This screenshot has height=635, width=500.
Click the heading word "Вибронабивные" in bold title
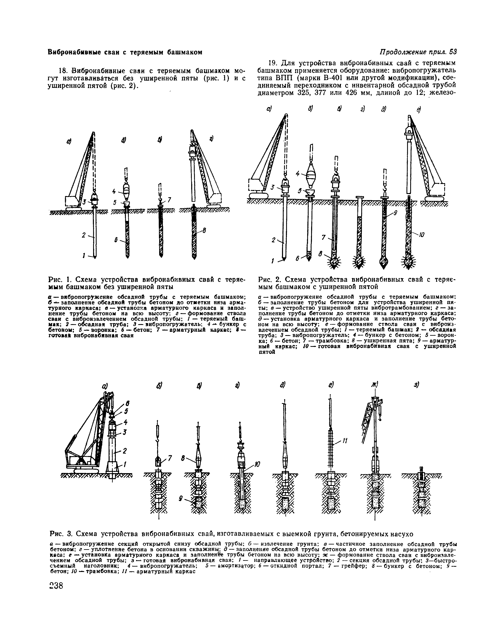[x=73, y=52]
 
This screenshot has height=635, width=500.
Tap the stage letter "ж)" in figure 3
[x=375, y=385]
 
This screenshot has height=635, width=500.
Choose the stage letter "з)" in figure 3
[x=417, y=385]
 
